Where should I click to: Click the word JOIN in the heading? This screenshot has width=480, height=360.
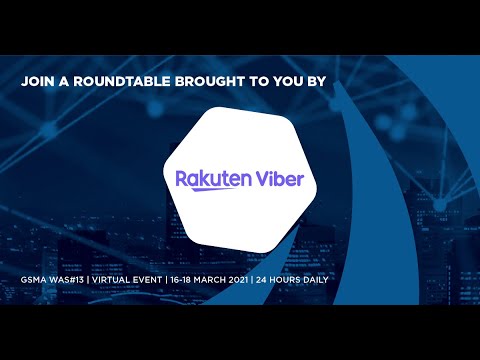38,85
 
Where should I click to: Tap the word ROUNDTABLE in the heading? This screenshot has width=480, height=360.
118,85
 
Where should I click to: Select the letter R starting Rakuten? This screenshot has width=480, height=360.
182,179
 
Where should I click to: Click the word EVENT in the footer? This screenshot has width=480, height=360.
172,277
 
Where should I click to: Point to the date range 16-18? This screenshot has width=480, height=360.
212,277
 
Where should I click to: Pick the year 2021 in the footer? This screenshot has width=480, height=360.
285,277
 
